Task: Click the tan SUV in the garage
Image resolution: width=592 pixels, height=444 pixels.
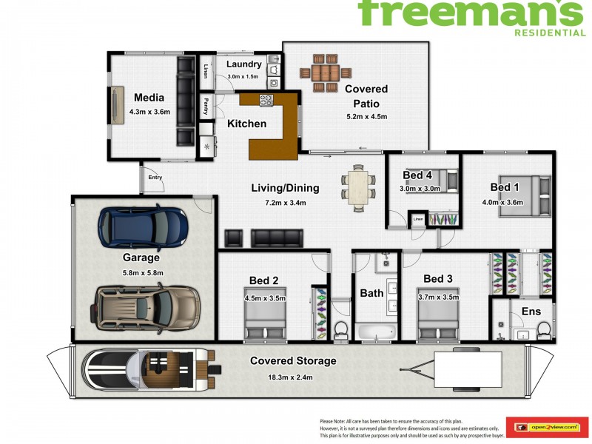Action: [x=147, y=307]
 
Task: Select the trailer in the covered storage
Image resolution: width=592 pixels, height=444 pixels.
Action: [x=474, y=368]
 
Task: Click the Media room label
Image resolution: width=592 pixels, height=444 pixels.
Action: [x=149, y=98]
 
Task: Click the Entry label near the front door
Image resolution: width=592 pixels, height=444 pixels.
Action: [x=155, y=177]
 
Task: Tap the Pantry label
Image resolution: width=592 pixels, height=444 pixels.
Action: [x=206, y=107]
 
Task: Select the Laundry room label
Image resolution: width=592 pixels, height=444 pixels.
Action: [x=244, y=64]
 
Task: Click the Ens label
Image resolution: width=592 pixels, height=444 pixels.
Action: [x=531, y=312]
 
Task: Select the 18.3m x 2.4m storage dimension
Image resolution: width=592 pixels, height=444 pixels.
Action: [x=293, y=375]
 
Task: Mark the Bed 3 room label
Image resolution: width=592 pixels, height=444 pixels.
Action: [x=438, y=279]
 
